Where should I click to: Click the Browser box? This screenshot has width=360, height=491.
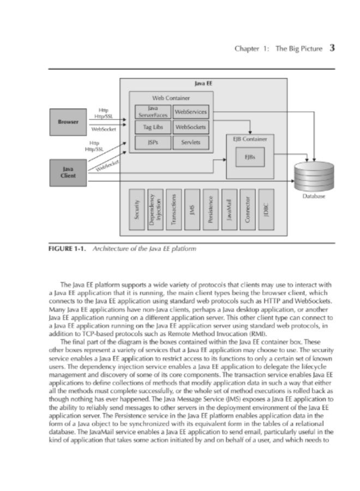click(68, 122)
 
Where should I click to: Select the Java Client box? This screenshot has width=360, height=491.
click(68, 172)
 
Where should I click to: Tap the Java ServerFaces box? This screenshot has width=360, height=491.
click(152, 112)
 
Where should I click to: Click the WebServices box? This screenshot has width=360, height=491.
click(190, 112)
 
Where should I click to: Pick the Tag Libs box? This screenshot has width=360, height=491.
click(152, 127)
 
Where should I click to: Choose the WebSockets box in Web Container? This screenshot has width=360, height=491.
click(190, 127)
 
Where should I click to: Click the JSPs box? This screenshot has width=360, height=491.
click(152, 142)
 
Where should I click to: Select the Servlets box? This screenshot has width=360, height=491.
click(190, 142)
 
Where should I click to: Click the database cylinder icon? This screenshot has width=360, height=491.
click(313, 175)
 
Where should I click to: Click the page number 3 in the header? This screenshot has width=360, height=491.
click(332, 48)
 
